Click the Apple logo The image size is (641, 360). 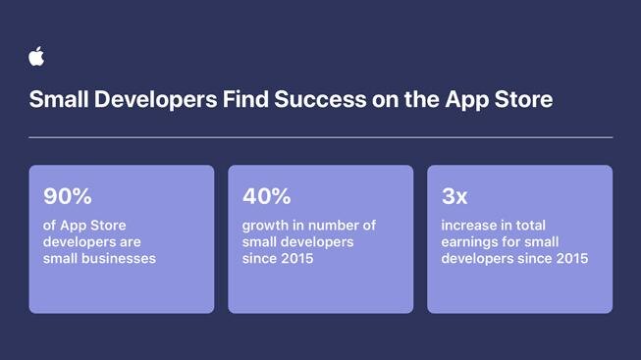tap(36, 56)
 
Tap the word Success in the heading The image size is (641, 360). tap(320, 99)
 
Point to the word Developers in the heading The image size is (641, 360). tap(155, 100)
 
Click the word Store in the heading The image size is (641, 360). tap(523, 99)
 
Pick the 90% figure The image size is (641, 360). tap(68, 196)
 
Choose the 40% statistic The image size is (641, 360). tap(267, 196)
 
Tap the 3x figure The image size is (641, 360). tap(454, 196)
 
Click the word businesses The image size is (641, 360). tap(117, 258)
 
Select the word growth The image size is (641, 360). tap(265, 226)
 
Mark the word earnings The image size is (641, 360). tap(468, 242)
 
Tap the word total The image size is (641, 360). tap(530, 226)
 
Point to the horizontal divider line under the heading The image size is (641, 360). tap(320, 137)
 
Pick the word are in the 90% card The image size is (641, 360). tap(130, 242)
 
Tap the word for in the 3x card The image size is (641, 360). tap(509, 241)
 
